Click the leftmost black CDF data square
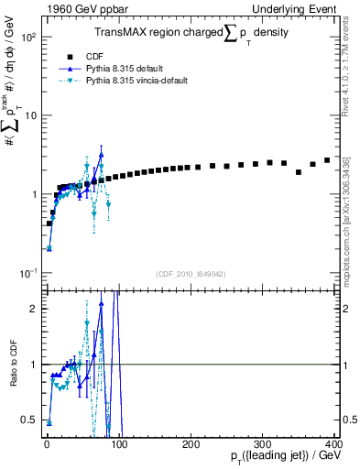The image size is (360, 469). pos(49,223)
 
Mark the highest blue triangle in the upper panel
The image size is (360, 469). pos(102,155)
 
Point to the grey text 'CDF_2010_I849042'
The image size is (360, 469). pos(191,274)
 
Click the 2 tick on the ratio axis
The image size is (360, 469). pos(37,309)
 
